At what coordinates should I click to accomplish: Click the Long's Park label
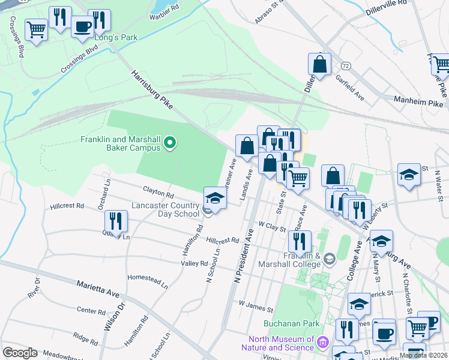(116, 37)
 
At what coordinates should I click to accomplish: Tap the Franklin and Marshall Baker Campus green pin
(170, 142)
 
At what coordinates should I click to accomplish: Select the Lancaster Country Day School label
(178, 209)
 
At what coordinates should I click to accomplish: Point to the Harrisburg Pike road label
(152, 91)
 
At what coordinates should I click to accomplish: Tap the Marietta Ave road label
(98, 289)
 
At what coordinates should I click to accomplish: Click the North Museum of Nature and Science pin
(324, 343)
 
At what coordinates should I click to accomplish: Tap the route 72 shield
(345, 65)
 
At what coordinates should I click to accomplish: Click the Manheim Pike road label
(418, 103)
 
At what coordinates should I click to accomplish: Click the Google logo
(20, 353)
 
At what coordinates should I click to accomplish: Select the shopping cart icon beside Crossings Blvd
(36, 29)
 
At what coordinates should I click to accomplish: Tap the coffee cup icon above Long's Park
(82, 26)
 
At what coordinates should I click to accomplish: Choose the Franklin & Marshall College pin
(329, 259)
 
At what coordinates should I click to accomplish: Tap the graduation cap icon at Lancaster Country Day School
(215, 197)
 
